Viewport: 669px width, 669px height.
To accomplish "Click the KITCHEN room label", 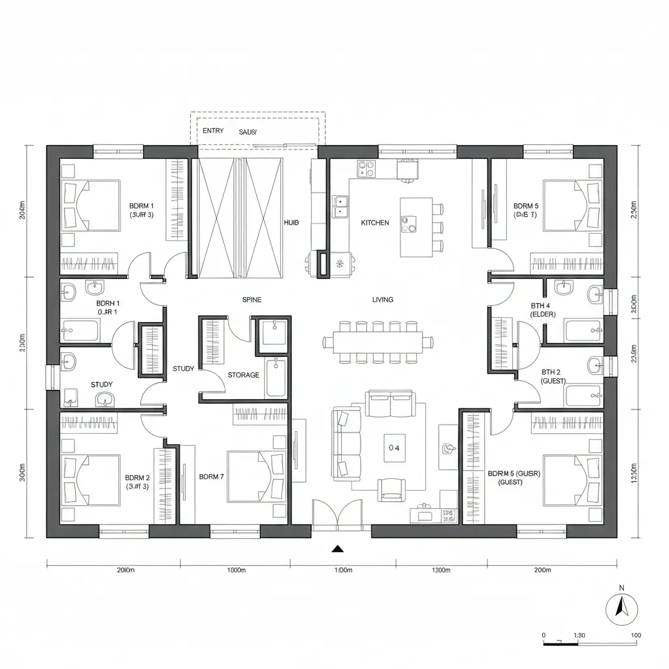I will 374,223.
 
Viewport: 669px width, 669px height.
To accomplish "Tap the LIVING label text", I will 383,300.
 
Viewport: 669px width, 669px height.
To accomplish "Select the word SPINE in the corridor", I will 252,300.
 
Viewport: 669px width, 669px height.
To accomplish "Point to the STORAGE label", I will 243,375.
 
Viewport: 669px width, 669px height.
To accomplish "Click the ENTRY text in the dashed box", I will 213,131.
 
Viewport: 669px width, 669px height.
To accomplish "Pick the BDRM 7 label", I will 211,477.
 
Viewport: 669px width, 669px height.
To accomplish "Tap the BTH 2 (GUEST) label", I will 553,376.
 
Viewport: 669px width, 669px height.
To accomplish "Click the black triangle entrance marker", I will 338,549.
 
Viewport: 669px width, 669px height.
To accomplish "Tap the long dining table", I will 378,340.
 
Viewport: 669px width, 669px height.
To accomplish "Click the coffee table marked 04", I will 394,448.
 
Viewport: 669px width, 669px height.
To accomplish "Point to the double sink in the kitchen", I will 340,206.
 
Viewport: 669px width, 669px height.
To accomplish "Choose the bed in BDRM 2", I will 92,480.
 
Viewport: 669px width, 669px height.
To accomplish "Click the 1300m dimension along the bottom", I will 442,570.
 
